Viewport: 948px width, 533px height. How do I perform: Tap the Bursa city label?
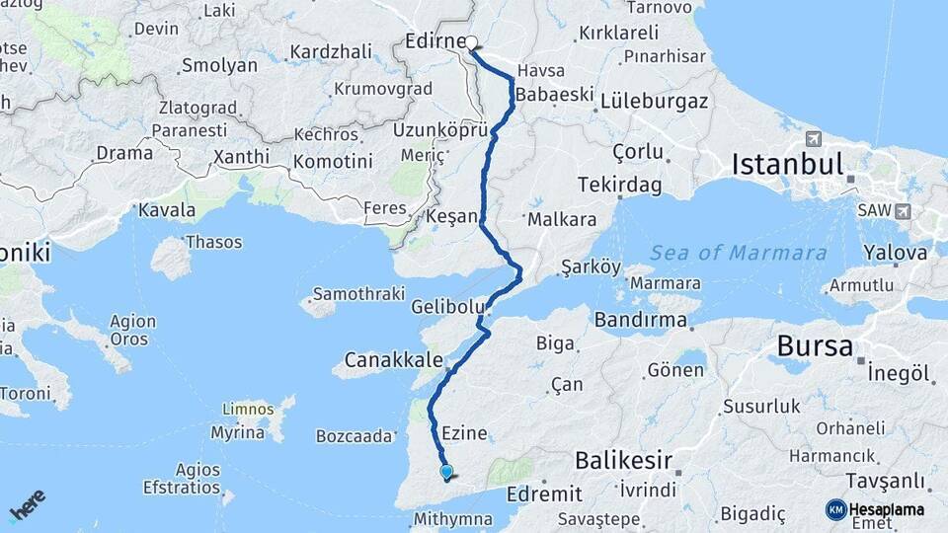coord(815,346)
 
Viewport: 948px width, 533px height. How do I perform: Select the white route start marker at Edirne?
coord(471,42)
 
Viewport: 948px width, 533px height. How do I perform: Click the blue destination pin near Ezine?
coord(446,473)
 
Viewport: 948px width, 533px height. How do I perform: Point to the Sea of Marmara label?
coord(738,253)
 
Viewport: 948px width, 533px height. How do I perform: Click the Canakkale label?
coord(393,358)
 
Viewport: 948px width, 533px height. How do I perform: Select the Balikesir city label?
coord(623,460)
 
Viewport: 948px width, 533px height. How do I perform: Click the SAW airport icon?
coord(903,211)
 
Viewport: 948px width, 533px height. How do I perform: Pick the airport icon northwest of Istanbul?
coord(813,138)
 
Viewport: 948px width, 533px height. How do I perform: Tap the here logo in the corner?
coord(27,504)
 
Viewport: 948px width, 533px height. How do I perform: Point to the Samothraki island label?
coord(358,294)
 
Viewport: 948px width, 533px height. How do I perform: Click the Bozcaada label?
coord(355,435)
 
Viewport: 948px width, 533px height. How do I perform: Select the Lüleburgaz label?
coord(655,101)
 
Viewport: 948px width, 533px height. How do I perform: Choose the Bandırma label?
coord(641,320)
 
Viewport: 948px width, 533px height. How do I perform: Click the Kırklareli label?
coord(618,33)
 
